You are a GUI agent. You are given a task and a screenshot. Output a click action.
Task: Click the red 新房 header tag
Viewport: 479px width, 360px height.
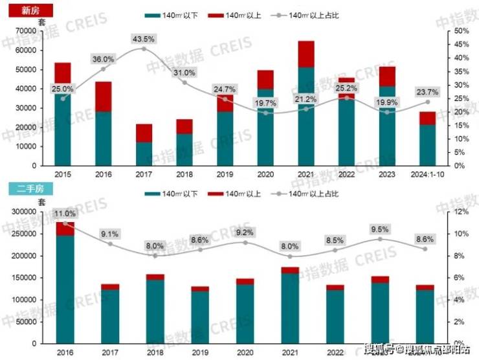coord(26,10)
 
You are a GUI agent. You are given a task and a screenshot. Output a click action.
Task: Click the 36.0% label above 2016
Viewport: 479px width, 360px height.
coord(104,60)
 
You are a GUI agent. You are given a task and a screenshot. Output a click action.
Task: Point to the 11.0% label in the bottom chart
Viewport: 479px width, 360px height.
coord(65,214)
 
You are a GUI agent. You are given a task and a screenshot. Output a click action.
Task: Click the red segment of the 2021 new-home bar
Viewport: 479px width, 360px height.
coord(306,54)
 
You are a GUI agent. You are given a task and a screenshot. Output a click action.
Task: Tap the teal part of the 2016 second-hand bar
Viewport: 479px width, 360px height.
coord(65,288)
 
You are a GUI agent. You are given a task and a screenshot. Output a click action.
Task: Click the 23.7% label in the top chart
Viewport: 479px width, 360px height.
coord(427,91)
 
